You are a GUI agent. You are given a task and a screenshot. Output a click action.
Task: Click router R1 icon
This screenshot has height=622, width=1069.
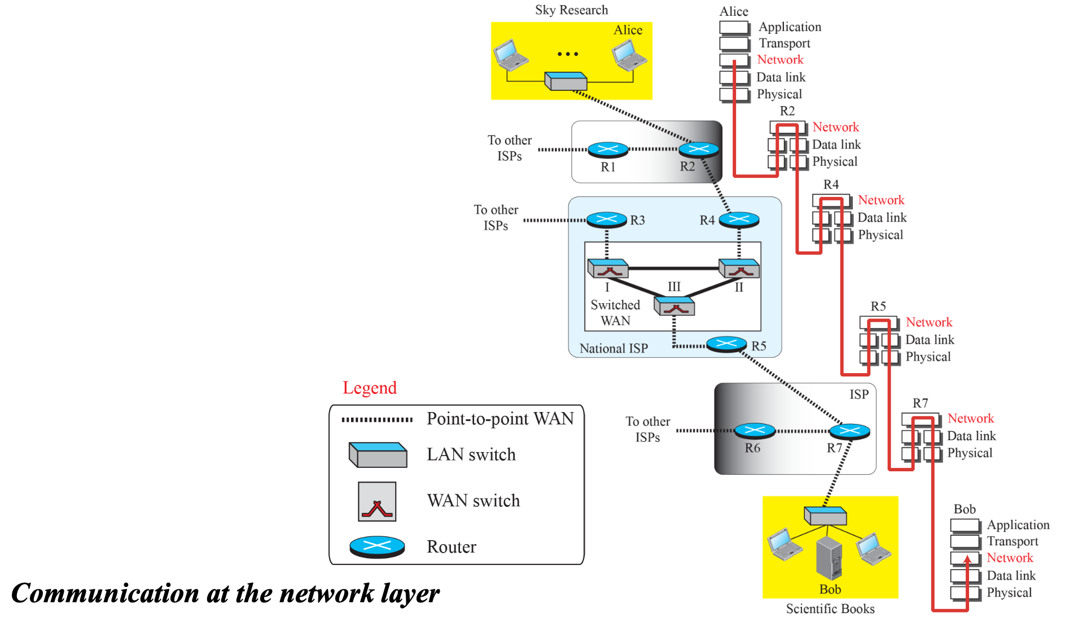tap(607, 150)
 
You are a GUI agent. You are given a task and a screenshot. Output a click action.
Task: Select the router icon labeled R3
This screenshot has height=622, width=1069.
tap(606, 220)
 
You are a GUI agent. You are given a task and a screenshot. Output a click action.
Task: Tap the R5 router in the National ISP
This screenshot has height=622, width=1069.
tap(726, 344)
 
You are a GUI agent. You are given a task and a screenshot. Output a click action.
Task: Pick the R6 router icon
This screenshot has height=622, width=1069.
tap(755, 431)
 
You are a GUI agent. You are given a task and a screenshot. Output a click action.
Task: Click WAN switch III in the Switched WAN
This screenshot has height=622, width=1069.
tap(674, 306)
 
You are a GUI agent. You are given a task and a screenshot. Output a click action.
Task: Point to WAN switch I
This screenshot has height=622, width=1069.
tap(608, 268)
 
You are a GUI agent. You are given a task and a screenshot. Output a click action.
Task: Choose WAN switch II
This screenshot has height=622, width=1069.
tap(739, 268)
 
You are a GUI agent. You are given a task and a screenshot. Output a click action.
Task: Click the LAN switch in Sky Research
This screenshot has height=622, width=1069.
tap(566, 81)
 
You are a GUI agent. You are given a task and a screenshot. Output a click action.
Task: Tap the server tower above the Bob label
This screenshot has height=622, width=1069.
tap(829, 558)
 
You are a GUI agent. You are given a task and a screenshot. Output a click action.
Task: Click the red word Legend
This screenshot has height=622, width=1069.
tap(370, 388)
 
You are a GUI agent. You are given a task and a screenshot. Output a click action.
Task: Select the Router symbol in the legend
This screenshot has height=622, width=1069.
tap(377, 546)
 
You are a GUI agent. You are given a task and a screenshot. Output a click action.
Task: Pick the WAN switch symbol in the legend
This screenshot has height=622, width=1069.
tap(377, 501)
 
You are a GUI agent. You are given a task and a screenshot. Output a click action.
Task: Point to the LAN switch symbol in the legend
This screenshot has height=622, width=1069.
tap(378, 455)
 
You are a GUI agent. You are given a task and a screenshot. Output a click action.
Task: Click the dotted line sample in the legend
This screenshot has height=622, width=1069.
tap(377, 419)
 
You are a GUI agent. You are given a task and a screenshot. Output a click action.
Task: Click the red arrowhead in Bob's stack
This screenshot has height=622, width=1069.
tap(967, 559)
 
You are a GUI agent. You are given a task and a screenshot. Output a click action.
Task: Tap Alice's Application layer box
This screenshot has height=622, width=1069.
tap(734, 27)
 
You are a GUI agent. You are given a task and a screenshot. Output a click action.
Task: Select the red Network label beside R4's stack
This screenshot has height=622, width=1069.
tap(881, 200)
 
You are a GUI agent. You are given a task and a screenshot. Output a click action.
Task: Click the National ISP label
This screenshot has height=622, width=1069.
tap(614, 349)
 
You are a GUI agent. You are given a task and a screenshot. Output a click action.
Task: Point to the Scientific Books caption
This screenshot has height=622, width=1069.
tap(830, 609)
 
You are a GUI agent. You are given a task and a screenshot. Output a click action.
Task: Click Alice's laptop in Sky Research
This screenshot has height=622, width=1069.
tap(629, 55)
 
